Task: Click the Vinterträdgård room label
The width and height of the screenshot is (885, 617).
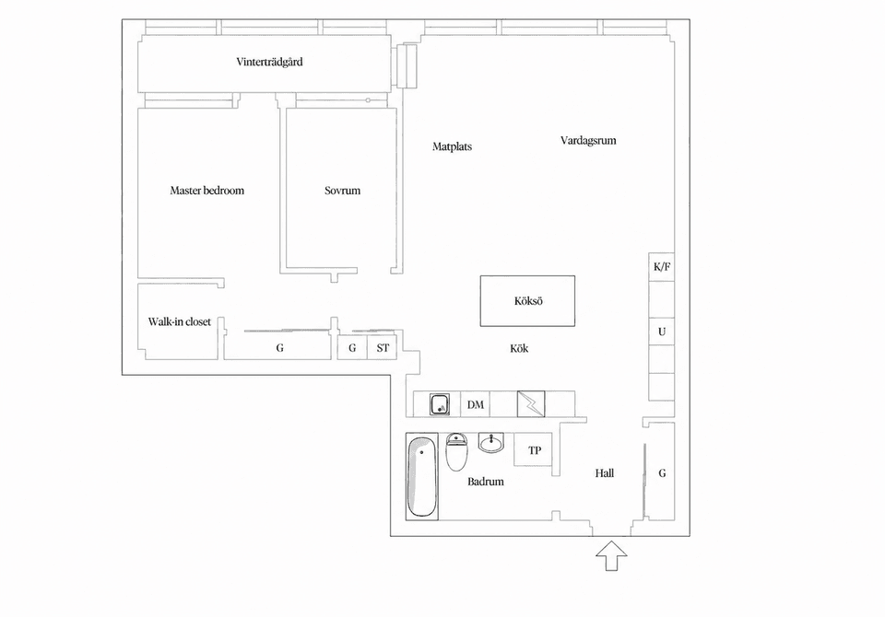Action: pos(269,62)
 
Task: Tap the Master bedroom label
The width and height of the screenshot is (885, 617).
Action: pos(207,191)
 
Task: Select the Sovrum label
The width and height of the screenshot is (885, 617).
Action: pos(342,191)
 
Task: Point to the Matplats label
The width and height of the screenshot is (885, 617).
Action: pos(452,146)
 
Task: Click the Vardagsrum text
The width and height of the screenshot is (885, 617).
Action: pos(588,140)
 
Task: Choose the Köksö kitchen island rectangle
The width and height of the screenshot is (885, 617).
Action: pos(527,301)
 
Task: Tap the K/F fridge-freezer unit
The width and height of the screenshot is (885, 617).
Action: pos(662,267)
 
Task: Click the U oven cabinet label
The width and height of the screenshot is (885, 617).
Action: pos(662,332)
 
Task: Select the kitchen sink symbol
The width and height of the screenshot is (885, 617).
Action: pos(440,404)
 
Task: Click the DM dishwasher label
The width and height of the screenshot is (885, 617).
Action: pos(476,405)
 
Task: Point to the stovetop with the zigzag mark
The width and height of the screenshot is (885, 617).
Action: pos(531,404)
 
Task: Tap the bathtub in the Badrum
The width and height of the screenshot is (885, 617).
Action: pos(421,476)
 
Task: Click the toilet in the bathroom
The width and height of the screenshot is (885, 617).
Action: pos(456,452)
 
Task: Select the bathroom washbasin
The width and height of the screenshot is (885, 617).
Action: pos(491,443)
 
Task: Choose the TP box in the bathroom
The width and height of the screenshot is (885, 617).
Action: pos(534,449)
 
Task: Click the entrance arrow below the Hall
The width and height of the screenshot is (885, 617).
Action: pos(611,555)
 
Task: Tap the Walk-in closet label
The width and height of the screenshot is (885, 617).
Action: pos(180,322)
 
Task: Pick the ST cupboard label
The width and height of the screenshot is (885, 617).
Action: pos(383,348)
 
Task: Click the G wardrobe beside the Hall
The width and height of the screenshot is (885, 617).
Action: pos(662,472)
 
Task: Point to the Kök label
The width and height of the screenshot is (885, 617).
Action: pos(519,348)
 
